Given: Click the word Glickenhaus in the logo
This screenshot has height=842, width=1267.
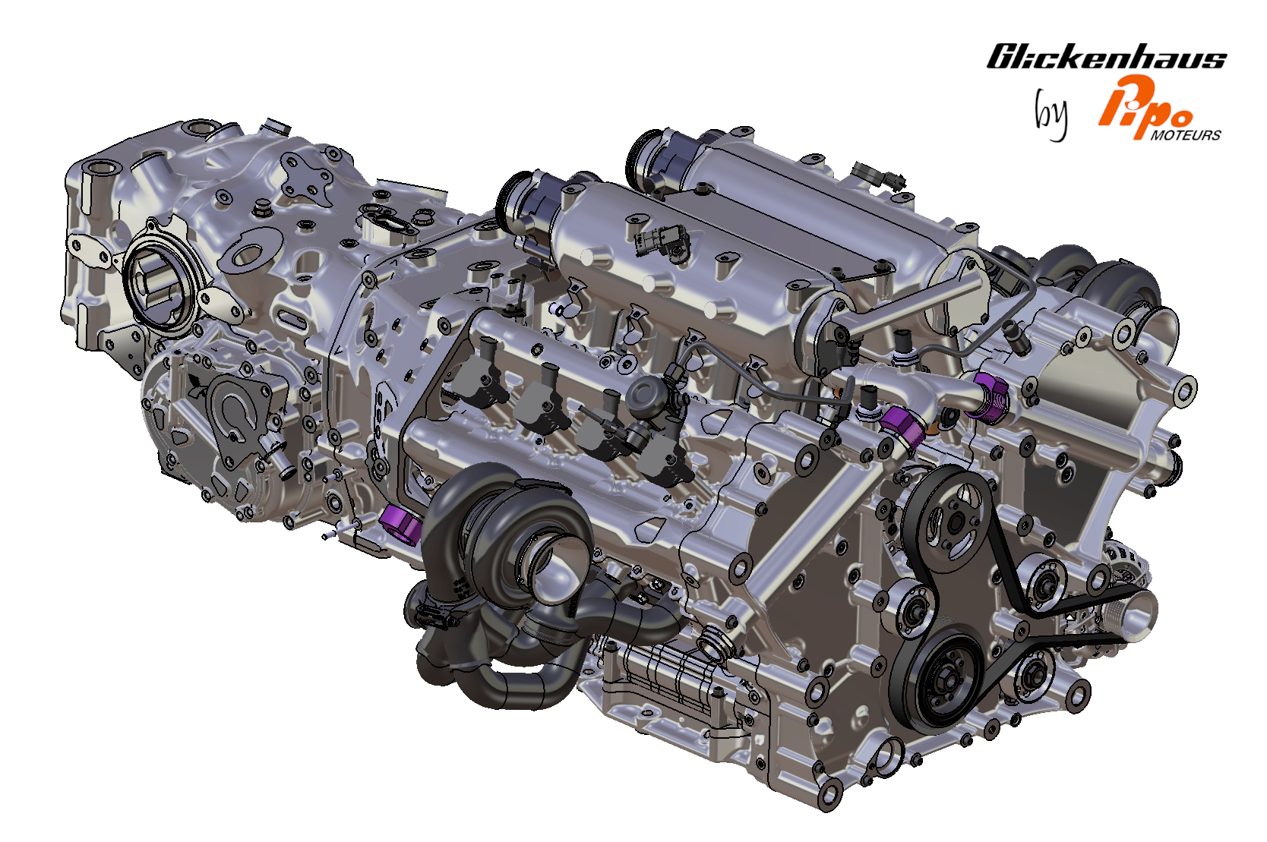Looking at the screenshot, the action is (1107, 56).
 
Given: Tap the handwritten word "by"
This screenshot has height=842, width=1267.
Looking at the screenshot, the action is (1051, 115).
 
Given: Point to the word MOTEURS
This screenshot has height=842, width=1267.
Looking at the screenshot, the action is (1186, 135).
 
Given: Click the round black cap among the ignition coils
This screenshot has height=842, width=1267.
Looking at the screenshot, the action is (645, 392).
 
